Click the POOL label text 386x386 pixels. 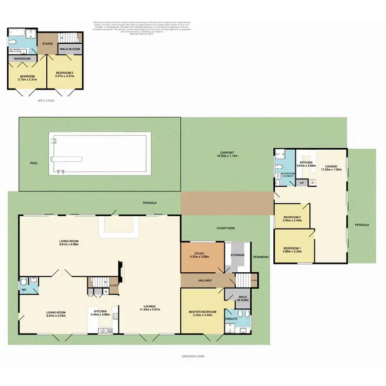[34, 163]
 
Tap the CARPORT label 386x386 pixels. [227, 152]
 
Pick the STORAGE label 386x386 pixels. [237, 255]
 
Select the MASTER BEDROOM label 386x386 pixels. [202, 312]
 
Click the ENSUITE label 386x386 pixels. [231, 319]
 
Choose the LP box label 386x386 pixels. [302, 183]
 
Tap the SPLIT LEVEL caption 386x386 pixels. [46, 100]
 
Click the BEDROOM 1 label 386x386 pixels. [293, 249]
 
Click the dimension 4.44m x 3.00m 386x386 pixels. [100, 315]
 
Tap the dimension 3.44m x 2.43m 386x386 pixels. [292, 221]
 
